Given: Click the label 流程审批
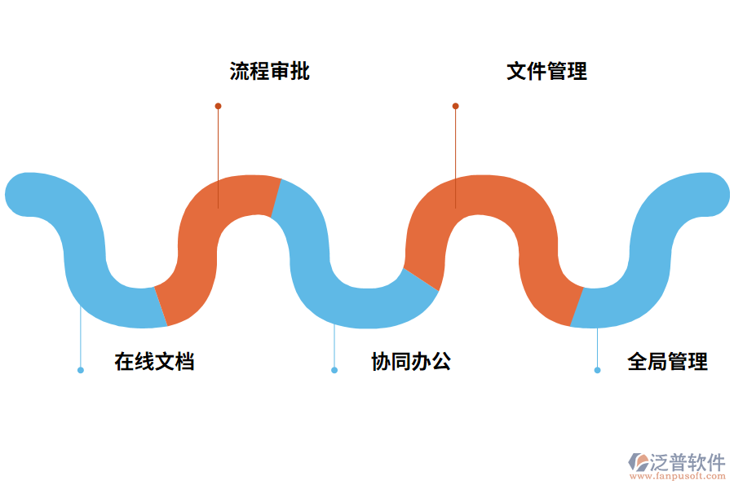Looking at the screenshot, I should tap(269, 71).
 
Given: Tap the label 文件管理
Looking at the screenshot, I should tap(546, 71).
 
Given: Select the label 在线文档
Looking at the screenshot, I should tap(154, 362).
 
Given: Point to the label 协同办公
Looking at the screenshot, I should tap(411, 362).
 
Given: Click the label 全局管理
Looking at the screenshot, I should tap(667, 362).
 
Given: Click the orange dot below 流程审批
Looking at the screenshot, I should tap(218, 106).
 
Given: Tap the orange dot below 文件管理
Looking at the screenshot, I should tap(455, 106).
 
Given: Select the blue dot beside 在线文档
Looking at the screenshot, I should tap(80, 370).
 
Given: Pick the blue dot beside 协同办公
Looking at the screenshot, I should tap(334, 370).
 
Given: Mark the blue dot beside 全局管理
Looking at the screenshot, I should tap(597, 370).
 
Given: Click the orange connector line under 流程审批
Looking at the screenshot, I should tap(218, 155).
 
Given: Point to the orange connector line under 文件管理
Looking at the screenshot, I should tap(455, 155).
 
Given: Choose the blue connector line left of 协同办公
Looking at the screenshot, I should tap(334, 346).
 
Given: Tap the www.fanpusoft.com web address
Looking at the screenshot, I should tap(683, 476).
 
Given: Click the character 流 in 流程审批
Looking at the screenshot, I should tap(239, 71).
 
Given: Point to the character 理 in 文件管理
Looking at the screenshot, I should tap(577, 71).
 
